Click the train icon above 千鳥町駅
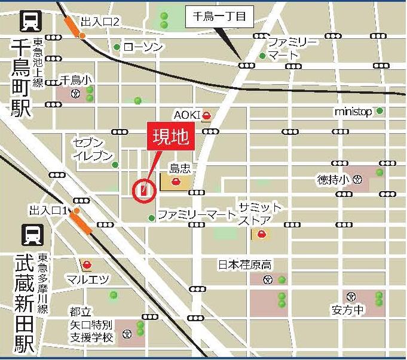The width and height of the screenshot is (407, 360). (x=27, y=21)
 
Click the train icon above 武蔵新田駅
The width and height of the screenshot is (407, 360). (x=27, y=235)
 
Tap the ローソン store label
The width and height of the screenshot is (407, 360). (x=143, y=47)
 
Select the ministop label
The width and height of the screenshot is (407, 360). (x=353, y=112)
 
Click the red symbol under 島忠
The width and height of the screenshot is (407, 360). (x=176, y=181)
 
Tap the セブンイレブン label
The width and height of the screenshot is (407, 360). (x=93, y=149)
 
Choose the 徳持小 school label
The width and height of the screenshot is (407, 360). (x=333, y=179)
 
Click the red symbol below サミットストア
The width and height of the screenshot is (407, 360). (x=261, y=235)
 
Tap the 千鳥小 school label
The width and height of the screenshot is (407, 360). (x=74, y=81)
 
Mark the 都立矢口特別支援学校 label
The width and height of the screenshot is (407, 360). (x=90, y=325)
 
